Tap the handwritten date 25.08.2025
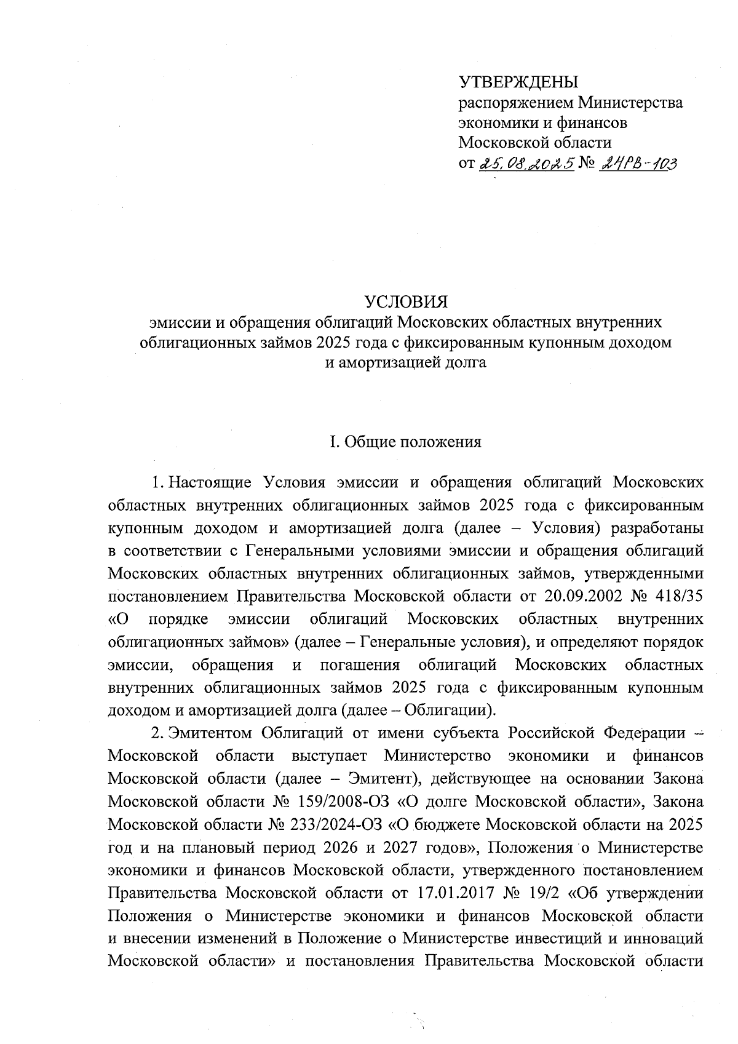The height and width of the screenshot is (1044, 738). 526,162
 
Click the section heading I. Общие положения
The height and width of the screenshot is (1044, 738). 405,442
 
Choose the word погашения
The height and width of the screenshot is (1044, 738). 360,665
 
